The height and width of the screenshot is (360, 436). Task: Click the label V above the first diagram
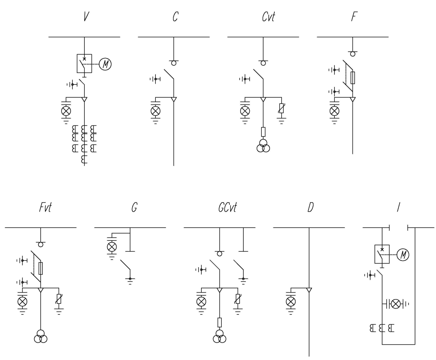pyautogui.click(x=86, y=16)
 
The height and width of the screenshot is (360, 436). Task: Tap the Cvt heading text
pyautogui.click(x=268, y=16)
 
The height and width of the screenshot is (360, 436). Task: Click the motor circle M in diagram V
pyautogui.click(x=105, y=64)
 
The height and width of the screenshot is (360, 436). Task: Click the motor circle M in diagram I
pyautogui.click(x=403, y=255)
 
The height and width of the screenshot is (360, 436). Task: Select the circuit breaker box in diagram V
pyautogui.click(x=84, y=64)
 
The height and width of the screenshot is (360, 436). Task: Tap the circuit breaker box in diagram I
pyautogui.click(x=382, y=254)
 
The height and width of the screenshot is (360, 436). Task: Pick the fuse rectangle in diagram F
pyautogui.click(x=353, y=78)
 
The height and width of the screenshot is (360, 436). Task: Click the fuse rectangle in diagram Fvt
pyautogui.click(x=41, y=268)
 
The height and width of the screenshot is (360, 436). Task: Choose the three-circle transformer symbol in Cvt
pyautogui.click(x=263, y=146)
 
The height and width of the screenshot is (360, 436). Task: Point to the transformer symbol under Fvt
pyautogui.click(x=41, y=336)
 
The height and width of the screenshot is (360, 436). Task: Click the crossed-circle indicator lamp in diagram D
pyautogui.click(x=291, y=301)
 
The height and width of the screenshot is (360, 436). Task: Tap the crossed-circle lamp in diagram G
pyautogui.click(x=112, y=247)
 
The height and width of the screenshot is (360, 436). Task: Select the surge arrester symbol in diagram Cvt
pyautogui.click(x=282, y=108)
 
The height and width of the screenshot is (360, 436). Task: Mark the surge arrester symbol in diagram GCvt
pyautogui.click(x=237, y=299)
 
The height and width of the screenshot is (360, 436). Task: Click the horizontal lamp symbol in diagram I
pyautogui.click(x=395, y=304)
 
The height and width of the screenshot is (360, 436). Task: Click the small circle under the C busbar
pyautogui.click(x=174, y=63)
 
